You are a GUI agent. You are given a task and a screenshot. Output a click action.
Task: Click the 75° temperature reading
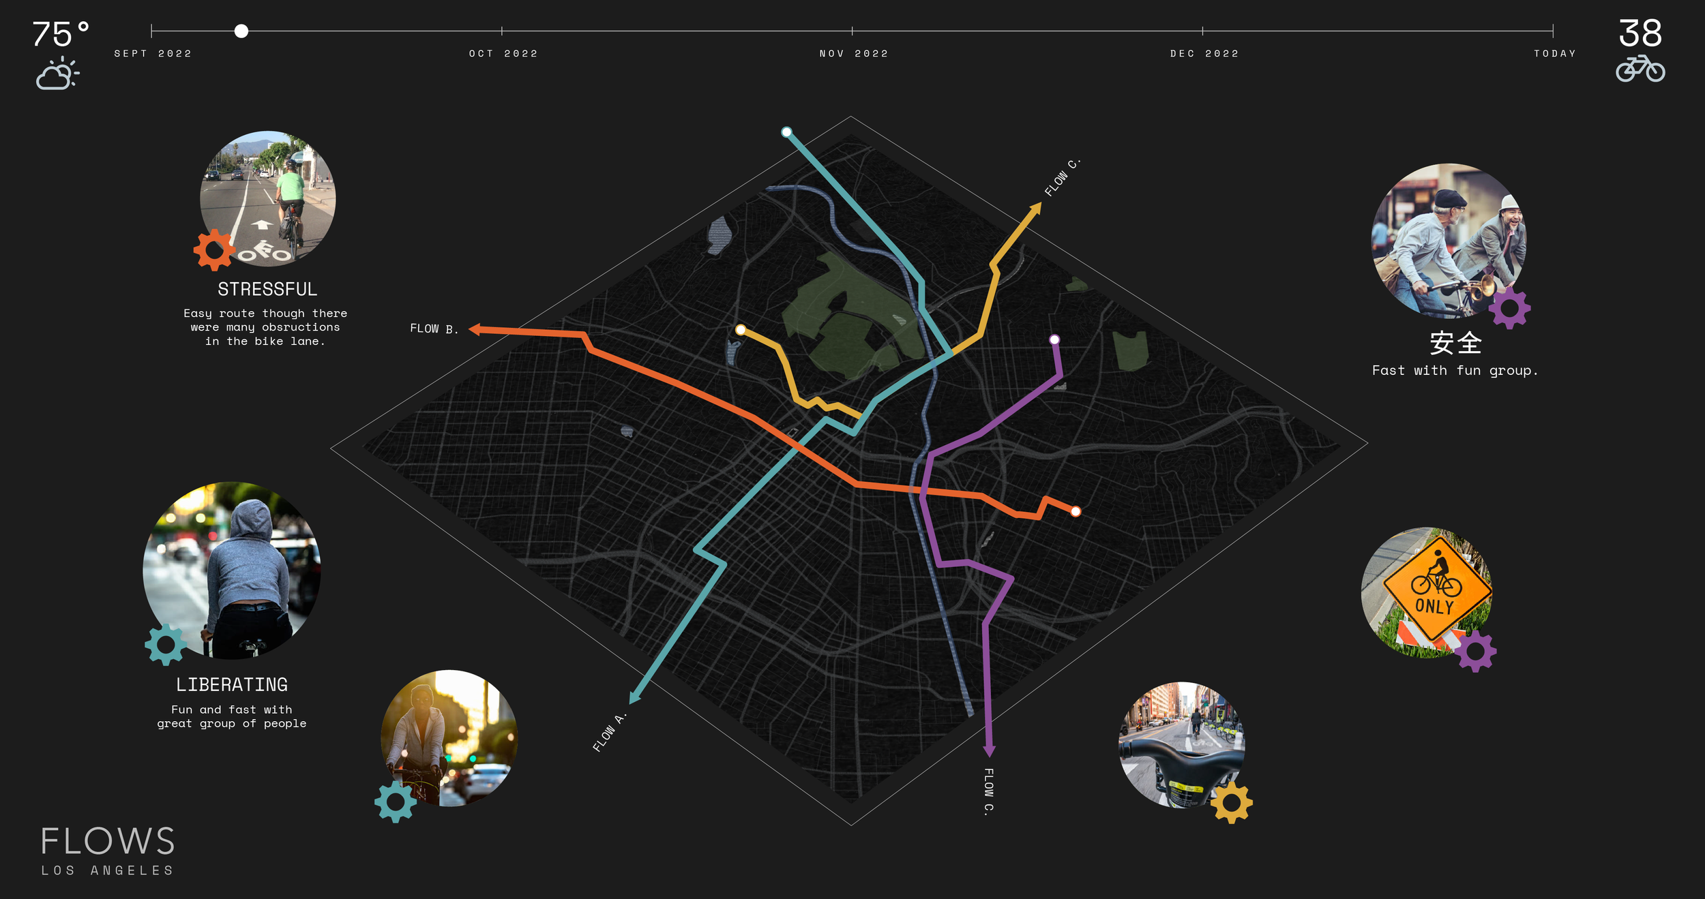(x=60, y=34)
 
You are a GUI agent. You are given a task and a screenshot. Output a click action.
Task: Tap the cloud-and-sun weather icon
(x=57, y=73)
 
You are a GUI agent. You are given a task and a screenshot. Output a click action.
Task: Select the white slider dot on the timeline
(x=241, y=31)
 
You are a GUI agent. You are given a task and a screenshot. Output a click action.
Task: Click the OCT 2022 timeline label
(x=503, y=54)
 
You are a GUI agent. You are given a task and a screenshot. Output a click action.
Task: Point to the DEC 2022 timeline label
(x=1204, y=54)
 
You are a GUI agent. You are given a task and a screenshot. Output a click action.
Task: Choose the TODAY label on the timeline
(x=1555, y=54)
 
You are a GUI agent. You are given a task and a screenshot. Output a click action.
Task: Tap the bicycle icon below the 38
(x=1640, y=69)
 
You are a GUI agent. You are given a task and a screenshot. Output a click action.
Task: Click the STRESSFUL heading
(x=267, y=290)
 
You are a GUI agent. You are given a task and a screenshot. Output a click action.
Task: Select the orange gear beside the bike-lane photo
(x=214, y=249)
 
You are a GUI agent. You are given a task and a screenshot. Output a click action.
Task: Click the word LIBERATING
(x=232, y=684)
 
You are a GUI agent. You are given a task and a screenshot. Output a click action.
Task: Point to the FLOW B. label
(x=434, y=329)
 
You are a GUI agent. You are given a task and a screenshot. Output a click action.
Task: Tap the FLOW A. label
(x=609, y=733)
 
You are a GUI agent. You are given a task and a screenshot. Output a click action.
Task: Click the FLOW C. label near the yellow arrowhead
(x=1062, y=178)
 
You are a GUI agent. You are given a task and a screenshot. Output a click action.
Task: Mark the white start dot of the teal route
(x=786, y=132)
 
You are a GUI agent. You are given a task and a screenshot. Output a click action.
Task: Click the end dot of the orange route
(x=1076, y=511)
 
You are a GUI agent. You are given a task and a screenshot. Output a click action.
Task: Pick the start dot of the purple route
(x=1054, y=339)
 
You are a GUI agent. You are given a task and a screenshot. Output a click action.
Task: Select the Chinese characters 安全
(x=1455, y=343)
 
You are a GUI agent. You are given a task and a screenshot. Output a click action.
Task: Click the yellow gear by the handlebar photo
(x=1231, y=802)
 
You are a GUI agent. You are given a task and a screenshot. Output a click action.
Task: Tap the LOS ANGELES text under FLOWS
(x=108, y=870)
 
